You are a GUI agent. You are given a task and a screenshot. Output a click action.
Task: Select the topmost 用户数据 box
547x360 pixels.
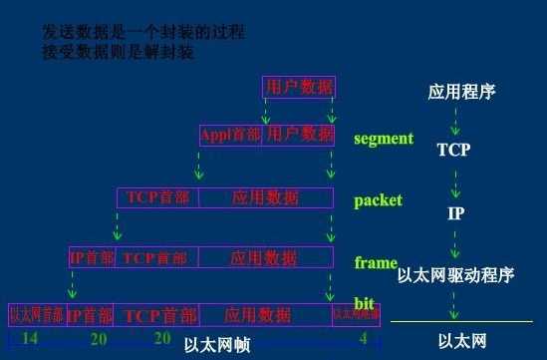[299, 87]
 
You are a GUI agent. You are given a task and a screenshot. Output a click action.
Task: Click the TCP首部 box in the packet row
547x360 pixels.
[158, 197]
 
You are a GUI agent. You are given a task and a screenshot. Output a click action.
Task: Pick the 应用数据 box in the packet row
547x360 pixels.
[265, 197]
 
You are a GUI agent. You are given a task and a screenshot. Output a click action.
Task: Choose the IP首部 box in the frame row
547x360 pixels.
[91, 258]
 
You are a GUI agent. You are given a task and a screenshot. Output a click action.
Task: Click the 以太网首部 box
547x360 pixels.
[37, 314]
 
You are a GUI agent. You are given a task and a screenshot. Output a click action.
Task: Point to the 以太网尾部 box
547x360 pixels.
[356, 314]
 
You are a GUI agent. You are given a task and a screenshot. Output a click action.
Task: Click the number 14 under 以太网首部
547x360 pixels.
[31, 339]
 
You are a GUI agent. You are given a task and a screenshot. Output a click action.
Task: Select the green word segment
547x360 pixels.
[383, 139]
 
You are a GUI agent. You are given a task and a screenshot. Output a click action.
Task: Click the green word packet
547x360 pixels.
[378, 200]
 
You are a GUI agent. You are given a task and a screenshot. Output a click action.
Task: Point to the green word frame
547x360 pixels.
[376, 263]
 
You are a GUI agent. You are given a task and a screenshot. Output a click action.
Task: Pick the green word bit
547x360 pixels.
[365, 302]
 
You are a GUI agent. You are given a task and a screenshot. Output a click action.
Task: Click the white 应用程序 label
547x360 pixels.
[461, 93]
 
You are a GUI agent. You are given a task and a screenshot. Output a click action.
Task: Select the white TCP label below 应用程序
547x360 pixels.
[453, 151]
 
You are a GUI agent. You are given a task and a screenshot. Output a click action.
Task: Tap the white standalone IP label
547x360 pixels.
[454, 213]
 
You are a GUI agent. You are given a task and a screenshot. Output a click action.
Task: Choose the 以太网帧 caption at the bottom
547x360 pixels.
[216, 345]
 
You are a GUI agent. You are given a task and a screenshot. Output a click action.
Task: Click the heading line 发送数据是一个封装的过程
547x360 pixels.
[142, 33]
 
